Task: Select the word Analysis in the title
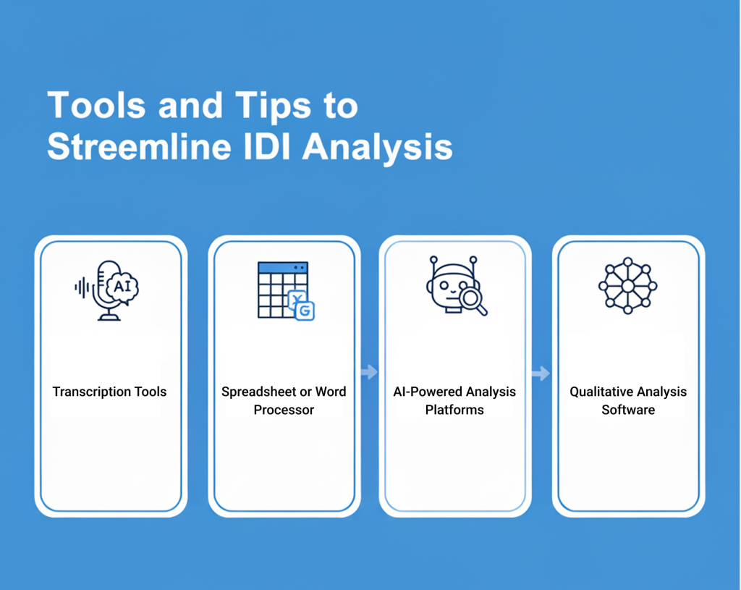(378, 148)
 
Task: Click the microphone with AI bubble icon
(107, 290)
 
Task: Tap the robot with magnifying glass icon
(457, 285)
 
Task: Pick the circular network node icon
(627, 285)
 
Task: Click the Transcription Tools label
(110, 392)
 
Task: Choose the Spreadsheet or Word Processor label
(284, 400)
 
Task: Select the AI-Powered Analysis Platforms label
(454, 400)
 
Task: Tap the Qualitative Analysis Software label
(628, 400)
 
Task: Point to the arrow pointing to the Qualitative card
(541, 374)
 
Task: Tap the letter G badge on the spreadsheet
(305, 311)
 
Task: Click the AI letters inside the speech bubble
(122, 286)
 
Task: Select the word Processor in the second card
(284, 410)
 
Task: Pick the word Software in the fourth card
(628, 410)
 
